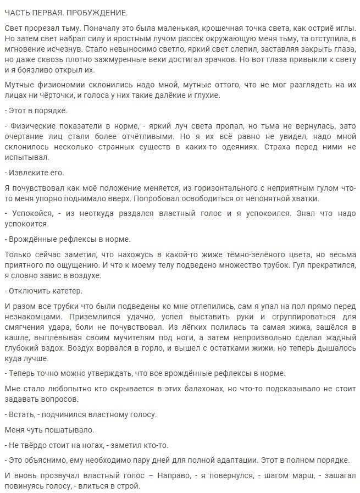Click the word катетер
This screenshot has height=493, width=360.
coord(66,291)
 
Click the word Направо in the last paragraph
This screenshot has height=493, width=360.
coord(172,476)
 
